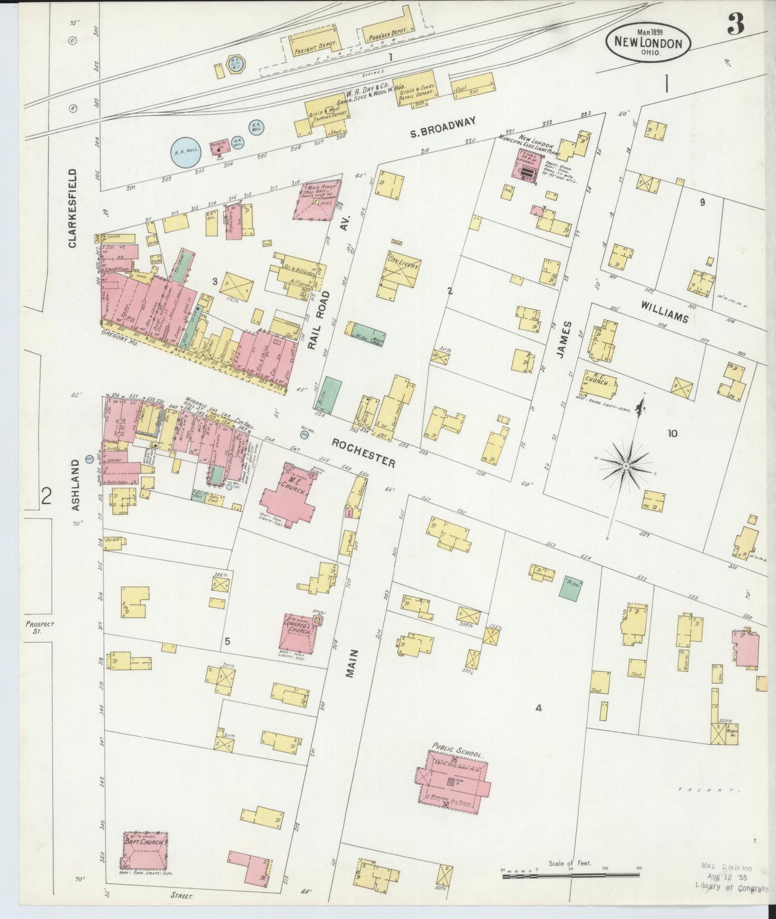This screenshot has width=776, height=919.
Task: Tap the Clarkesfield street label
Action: (x=72, y=209)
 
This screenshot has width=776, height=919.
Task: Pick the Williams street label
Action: (x=664, y=312)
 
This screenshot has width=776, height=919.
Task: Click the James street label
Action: (x=568, y=340)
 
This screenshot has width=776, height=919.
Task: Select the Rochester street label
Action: (x=363, y=453)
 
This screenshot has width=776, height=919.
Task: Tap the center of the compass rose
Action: (x=626, y=464)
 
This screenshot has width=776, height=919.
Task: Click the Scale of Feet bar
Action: (x=571, y=877)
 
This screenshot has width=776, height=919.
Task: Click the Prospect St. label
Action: (x=39, y=627)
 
